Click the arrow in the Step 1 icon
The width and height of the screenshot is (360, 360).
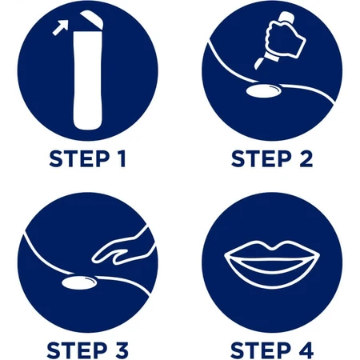point(61,28)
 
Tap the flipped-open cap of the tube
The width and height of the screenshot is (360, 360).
point(92,18)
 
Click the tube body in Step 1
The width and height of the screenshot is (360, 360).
point(88,80)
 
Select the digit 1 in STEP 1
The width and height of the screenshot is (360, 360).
point(122,159)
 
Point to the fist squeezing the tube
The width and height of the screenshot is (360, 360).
point(285,39)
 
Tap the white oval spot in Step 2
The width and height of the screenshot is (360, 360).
point(263,90)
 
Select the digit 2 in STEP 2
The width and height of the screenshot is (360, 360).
point(306,159)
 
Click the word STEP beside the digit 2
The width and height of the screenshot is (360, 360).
point(262,159)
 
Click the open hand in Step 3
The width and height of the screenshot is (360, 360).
point(123,249)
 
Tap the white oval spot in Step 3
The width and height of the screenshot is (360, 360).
point(79,283)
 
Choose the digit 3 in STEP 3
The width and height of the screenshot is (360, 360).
point(122,350)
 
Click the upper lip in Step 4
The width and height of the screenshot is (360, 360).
point(272,250)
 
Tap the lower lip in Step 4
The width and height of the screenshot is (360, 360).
point(272,278)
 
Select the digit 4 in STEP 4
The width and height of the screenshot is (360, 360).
point(306,350)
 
